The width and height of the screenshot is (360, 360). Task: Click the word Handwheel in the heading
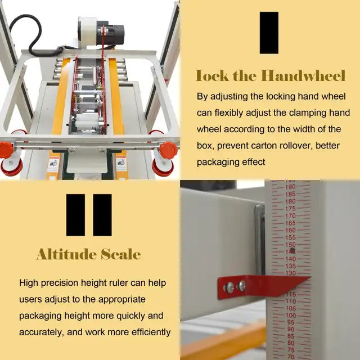click(303, 75)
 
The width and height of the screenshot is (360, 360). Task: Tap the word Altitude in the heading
click(66, 254)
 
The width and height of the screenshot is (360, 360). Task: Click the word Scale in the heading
click(121, 254)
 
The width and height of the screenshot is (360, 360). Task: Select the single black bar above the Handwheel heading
click(269, 33)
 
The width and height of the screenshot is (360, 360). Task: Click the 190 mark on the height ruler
click(290, 187)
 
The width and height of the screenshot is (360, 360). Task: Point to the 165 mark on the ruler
click(290, 223)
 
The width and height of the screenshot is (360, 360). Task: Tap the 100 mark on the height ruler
click(291, 316)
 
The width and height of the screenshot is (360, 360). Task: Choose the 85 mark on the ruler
click(291, 336)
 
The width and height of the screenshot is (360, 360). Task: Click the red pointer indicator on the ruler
click(264, 286)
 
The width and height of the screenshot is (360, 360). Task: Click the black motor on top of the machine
click(111, 34)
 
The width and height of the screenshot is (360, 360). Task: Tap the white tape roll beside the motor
click(88, 31)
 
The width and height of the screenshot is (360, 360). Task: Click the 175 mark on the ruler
click(290, 209)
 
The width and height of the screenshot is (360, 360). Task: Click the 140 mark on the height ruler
click(291, 259)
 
